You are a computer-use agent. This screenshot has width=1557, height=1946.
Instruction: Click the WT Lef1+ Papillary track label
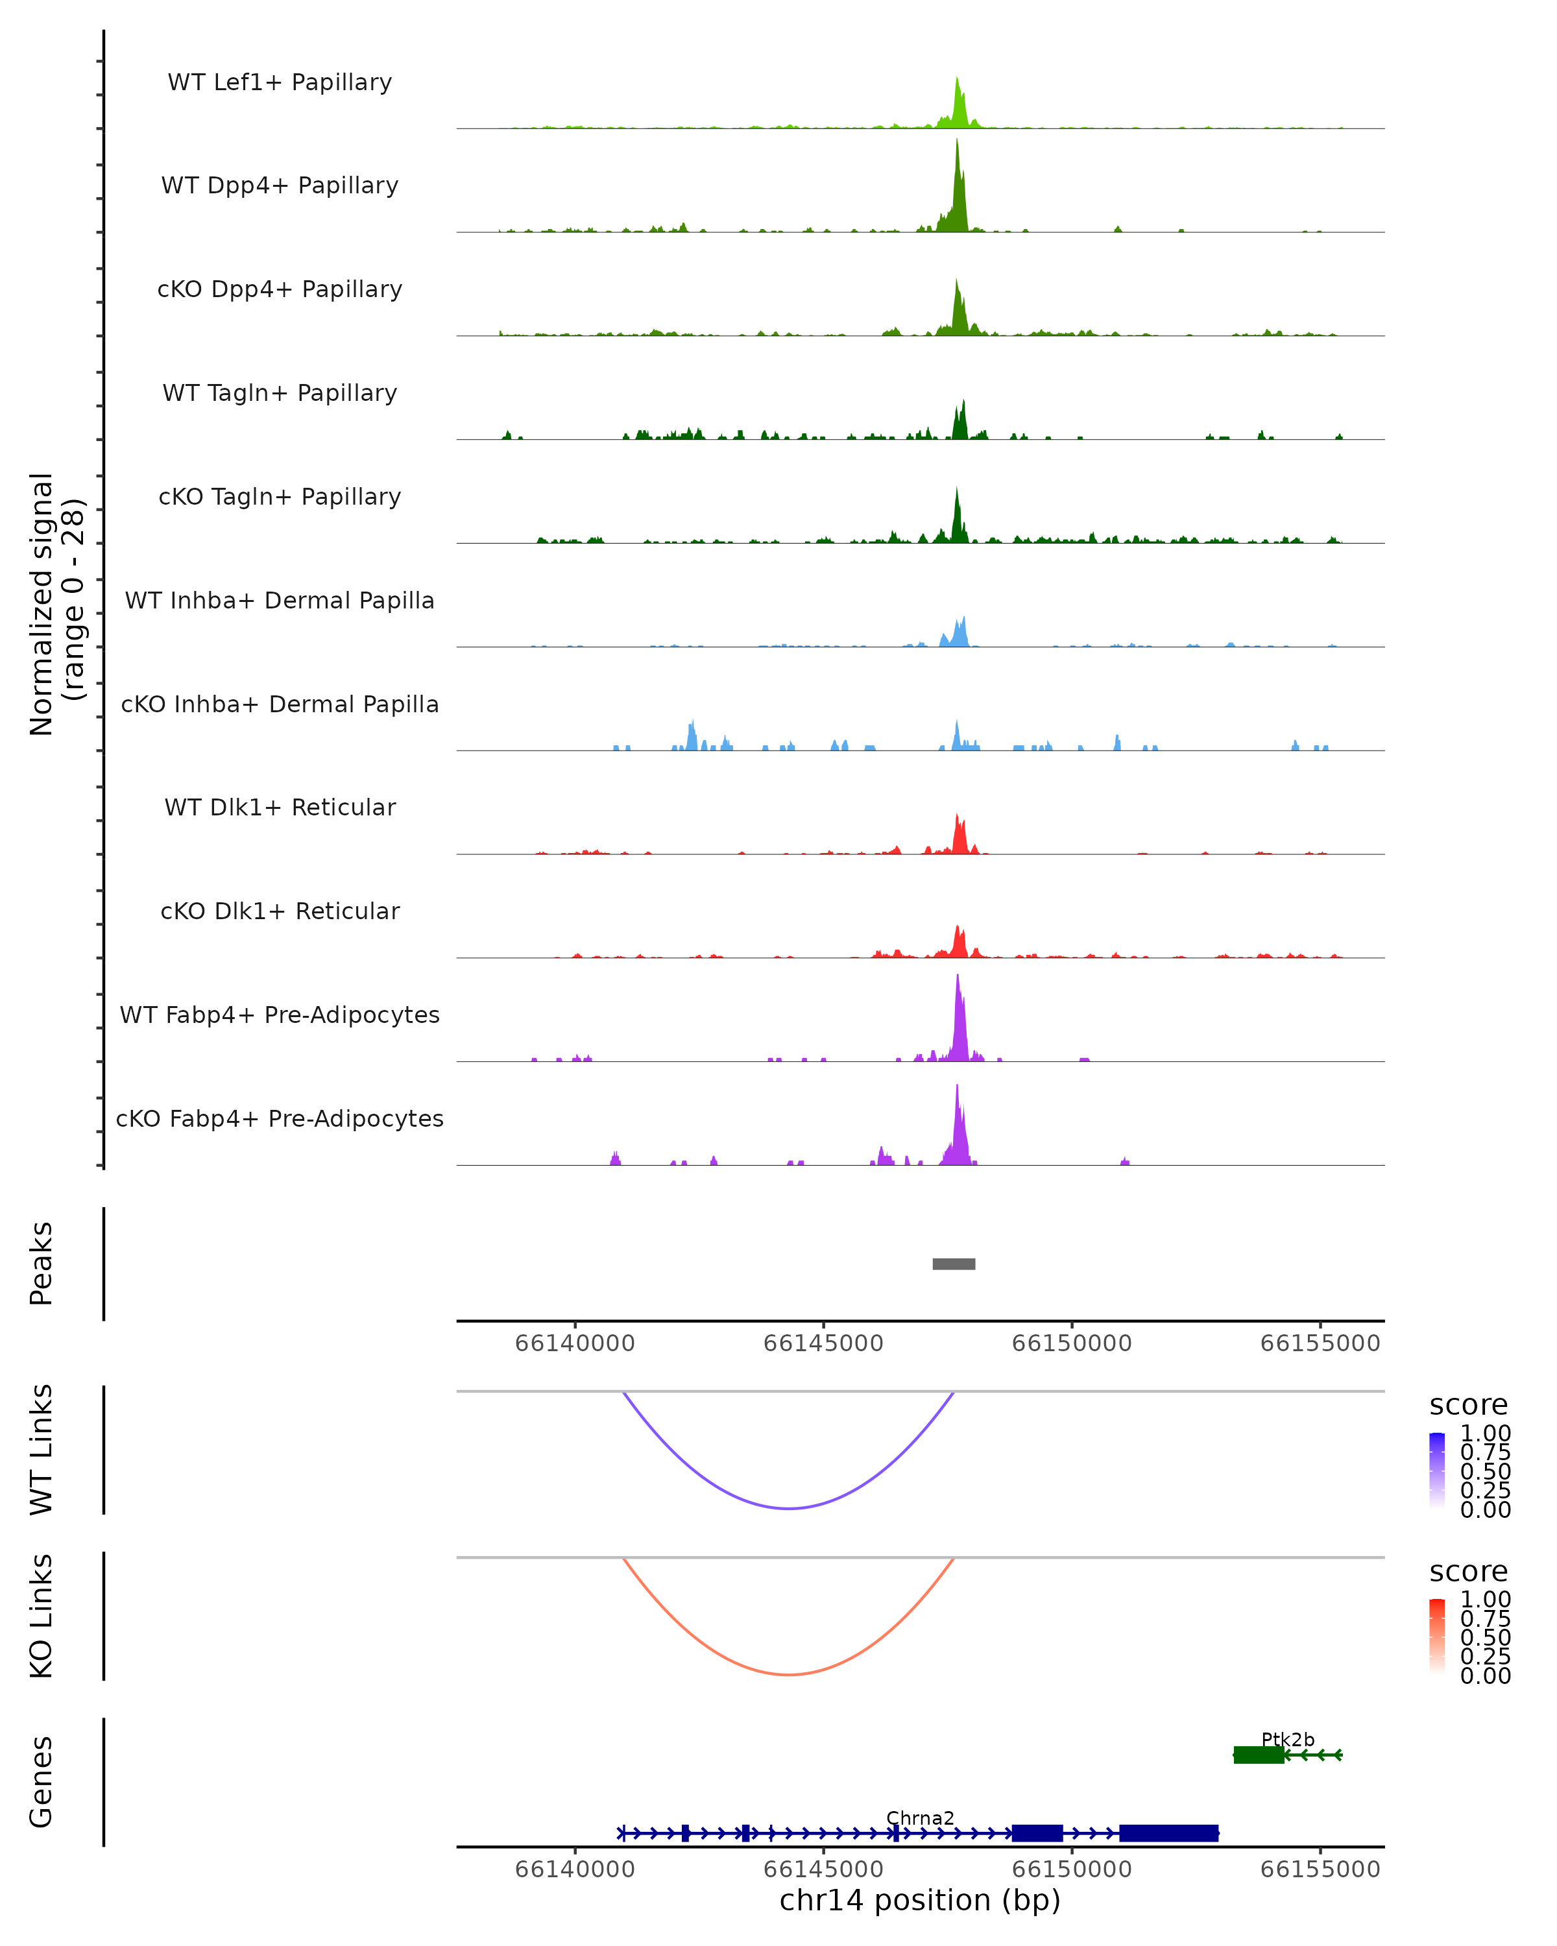click(280, 82)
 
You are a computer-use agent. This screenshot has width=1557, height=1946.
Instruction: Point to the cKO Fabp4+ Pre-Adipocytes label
click(280, 1118)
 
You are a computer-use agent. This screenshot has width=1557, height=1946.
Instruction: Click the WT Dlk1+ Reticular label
click(280, 807)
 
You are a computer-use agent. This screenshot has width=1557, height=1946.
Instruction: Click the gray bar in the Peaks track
click(953, 1264)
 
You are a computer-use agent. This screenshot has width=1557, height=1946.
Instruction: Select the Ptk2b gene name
click(1287, 1739)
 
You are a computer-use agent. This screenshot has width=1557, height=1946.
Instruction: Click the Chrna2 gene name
click(920, 1818)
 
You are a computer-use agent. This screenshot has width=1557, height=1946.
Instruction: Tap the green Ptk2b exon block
click(1258, 1755)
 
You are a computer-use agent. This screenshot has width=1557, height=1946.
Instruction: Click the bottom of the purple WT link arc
click(789, 1508)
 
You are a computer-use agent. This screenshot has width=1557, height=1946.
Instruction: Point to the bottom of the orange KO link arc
click(789, 1674)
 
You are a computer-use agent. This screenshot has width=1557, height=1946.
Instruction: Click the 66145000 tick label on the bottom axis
click(823, 1868)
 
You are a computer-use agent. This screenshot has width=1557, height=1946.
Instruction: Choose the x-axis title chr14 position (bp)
click(920, 1900)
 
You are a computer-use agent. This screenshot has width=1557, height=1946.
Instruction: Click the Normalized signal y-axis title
click(56, 604)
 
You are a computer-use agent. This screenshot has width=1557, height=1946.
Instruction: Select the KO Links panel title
click(42, 1616)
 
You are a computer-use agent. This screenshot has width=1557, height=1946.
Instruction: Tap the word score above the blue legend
click(1467, 1404)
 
